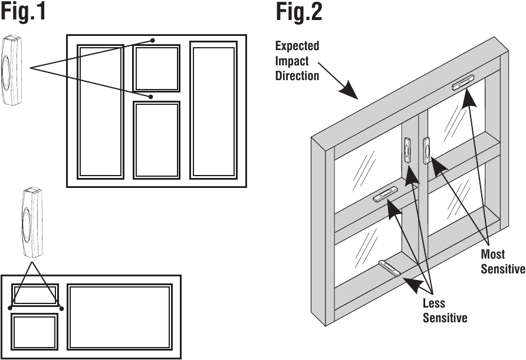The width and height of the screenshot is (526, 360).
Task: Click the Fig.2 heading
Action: (x=299, y=12)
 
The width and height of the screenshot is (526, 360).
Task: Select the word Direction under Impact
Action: (x=297, y=76)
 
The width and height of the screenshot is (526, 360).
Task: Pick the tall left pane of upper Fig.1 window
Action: (x=101, y=111)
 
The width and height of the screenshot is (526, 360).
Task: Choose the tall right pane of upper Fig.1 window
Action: (x=213, y=109)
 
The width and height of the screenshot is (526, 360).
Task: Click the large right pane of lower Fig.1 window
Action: (x=120, y=317)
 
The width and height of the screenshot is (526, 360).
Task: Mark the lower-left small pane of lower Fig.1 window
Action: (x=35, y=332)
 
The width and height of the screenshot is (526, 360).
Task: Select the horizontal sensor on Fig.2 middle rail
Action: (x=386, y=194)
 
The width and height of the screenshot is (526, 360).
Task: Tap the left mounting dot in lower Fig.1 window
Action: (x=11, y=308)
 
